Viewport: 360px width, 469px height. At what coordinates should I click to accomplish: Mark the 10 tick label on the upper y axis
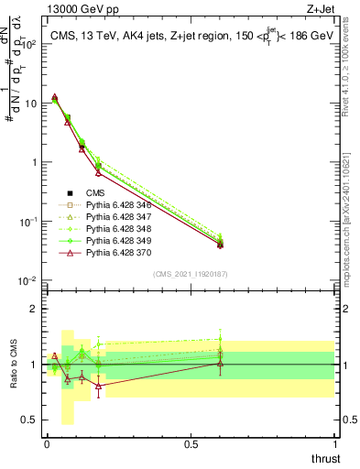click(x=32, y=103)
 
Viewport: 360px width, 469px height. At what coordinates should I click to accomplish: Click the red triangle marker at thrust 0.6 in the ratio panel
click(x=220, y=364)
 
